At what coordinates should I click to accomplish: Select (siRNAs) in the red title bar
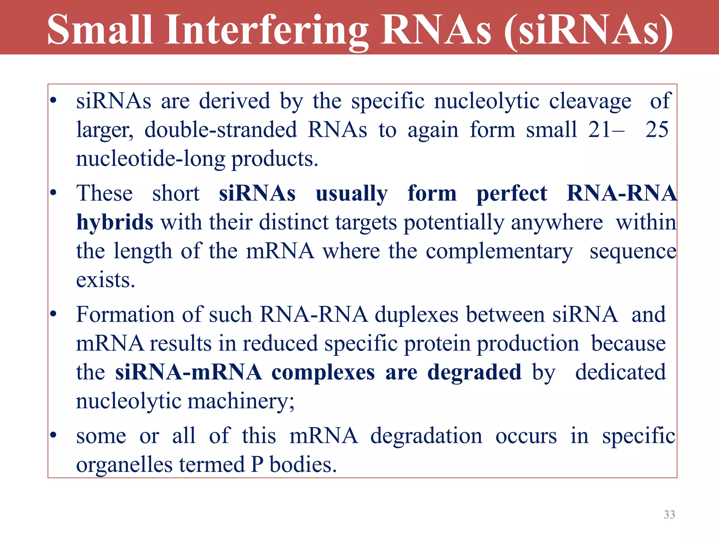588,31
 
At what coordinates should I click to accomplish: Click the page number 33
669,515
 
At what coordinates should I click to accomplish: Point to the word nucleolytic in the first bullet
487,101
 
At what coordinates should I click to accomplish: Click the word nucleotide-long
150,159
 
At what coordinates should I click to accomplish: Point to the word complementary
499,252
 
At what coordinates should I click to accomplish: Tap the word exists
105,280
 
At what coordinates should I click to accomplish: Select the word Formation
125,314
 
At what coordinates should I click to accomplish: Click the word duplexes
416,315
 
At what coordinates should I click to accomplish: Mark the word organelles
124,465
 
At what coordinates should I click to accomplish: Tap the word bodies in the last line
303,465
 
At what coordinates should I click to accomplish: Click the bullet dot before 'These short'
53,193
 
